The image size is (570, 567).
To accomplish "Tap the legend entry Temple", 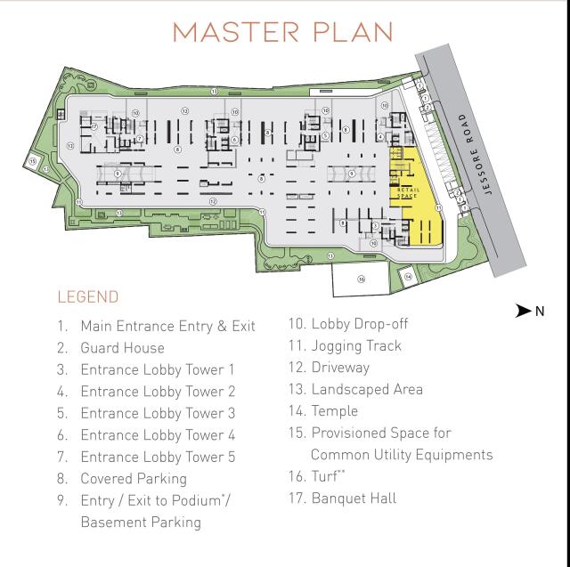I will (x=335, y=411).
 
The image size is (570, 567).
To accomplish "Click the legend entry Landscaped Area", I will (x=367, y=389).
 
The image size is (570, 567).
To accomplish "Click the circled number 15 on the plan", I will (x=33, y=161).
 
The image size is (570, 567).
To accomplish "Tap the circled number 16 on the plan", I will (x=361, y=279).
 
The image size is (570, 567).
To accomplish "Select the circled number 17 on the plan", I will (x=93, y=127).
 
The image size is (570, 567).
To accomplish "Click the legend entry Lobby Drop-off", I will (x=360, y=324).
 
